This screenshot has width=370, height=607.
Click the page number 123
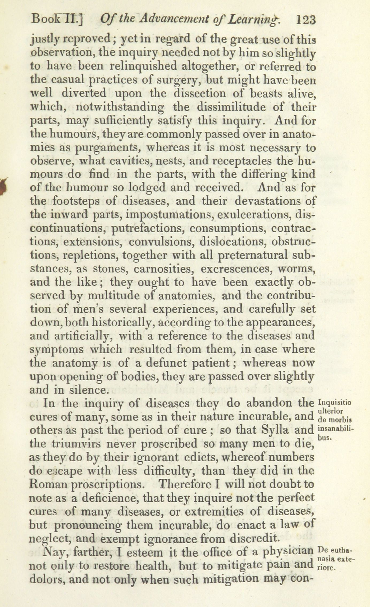pyautogui.click(x=306, y=20)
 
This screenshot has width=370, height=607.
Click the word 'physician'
pyautogui.click(x=288, y=552)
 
